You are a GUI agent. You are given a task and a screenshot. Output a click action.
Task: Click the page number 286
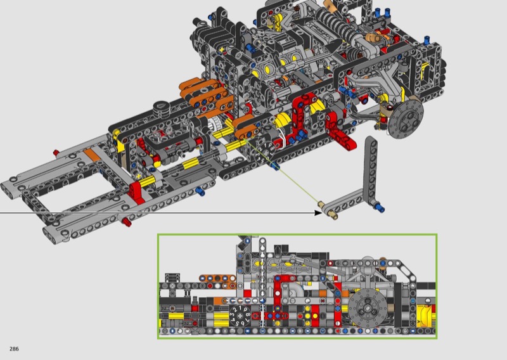14,349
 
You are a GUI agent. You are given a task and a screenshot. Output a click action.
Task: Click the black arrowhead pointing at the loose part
319,212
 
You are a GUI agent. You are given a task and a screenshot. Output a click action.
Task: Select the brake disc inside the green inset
366,307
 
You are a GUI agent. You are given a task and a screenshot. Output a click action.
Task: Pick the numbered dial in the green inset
240,316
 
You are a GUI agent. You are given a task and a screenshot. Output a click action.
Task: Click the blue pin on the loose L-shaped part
379,207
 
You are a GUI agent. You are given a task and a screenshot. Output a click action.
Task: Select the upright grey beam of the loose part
370,168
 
